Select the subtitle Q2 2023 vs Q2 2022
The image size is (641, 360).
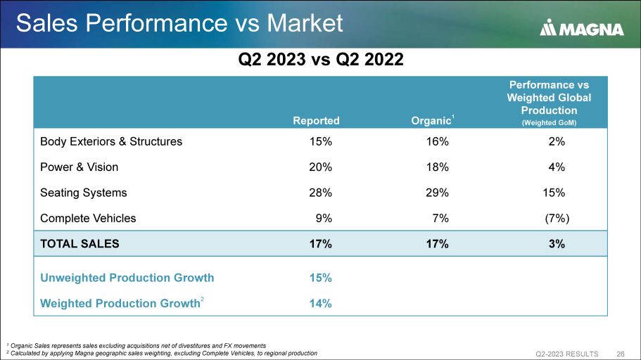pyautogui.click(x=320, y=59)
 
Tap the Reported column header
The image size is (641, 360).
pyautogui.click(x=317, y=120)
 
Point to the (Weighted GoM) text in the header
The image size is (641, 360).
pyautogui.click(x=549, y=122)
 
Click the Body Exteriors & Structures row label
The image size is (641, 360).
pyautogui.click(x=111, y=141)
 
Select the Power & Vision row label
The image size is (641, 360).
pyautogui.click(x=79, y=167)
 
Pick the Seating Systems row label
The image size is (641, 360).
pyautogui.click(x=84, y=193)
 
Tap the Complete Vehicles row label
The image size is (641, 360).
pyautogui.click(x=88, y=218)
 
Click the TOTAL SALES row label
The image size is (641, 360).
pyautogui.click(x=80, y=244)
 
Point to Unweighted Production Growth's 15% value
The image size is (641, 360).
pyautogui.click(x=322, y=277)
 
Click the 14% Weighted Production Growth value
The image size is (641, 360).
pyautogui.click(x=322, y=303)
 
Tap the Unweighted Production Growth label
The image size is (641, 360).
pyautogui.click(x=127, y=277)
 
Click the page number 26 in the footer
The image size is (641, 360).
pyautogui.click(x=621, y=353)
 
